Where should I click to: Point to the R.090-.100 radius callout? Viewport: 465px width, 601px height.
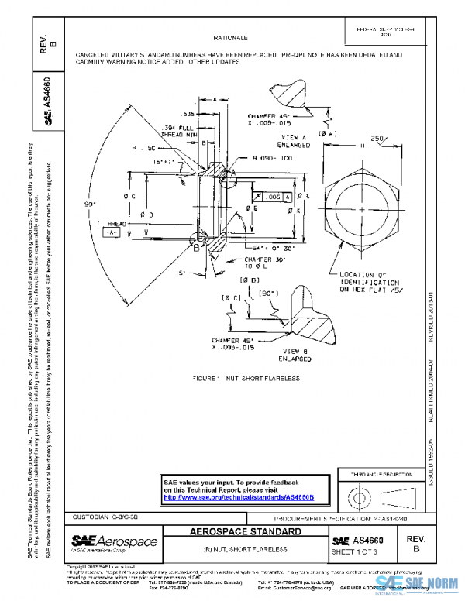click(272, 157)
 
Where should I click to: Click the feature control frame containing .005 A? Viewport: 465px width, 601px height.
click(275, 198)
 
